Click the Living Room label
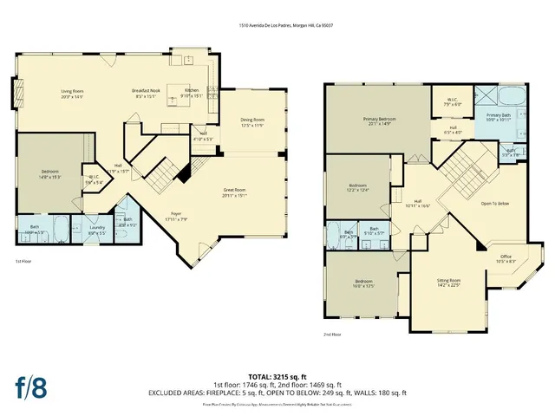(71, 93)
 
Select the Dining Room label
(252, 122)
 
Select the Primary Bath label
(498, 117)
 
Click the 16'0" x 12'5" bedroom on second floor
(363, 285)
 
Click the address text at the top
(287, 26)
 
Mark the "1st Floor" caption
(26, 261)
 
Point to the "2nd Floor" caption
(333, 335)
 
